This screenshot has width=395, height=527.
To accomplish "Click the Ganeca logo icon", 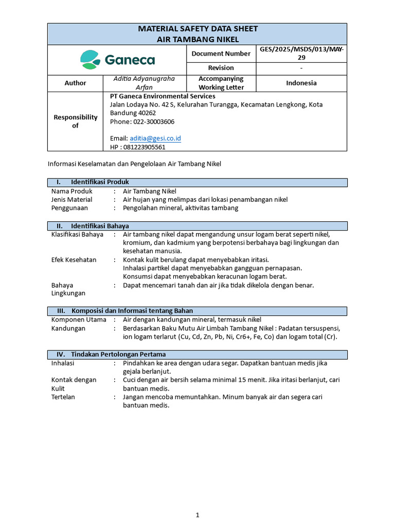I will [90, 60].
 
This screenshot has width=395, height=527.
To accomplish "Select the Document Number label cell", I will [221, 54].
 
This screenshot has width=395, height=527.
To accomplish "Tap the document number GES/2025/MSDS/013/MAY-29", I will [301, 54].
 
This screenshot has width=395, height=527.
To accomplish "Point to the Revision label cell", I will [221, 68].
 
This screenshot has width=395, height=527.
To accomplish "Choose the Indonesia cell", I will [301, 83].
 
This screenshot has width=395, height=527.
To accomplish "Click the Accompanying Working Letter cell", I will [221, 83].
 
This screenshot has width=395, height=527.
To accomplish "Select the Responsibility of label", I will [75, 121].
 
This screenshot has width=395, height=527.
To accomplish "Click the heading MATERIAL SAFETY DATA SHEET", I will [197, 29].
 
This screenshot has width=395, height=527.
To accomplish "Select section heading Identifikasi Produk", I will [100, 182].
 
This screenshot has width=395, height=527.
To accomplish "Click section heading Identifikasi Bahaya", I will [100, 226].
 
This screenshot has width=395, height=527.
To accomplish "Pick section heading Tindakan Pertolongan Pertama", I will [118, 355].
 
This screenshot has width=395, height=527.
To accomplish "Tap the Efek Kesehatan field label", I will [74, 260].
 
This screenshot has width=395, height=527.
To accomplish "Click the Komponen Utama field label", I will [75, 320].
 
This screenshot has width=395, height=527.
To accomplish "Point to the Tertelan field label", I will [64, 397].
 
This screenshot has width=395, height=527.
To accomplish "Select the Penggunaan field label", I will [69, 208].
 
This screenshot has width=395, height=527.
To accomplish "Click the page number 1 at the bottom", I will [197, 515].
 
